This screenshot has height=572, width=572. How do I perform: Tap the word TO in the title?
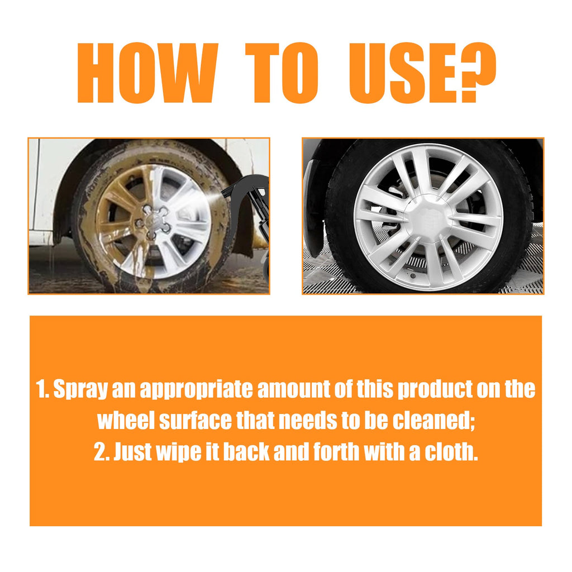tap(283, 73)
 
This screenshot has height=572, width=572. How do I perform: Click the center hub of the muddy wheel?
tap(153, 217)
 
